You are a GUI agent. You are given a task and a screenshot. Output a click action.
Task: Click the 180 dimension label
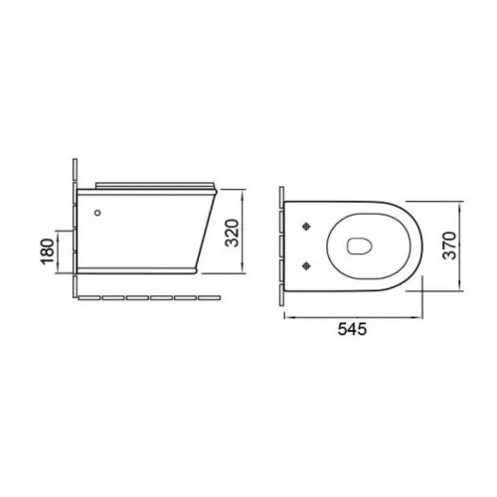click(x=48, y=251)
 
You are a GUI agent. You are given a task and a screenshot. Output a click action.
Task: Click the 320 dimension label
click(x=232, y=233)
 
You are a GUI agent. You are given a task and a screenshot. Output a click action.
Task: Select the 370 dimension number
click(x=449, y=246)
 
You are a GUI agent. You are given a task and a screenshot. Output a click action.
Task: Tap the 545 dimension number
click(x=352, y=329)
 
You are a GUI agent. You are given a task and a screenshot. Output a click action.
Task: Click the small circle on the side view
click(x=97, y=213)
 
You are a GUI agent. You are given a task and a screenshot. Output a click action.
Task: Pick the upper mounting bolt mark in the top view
click(x=307, y=227)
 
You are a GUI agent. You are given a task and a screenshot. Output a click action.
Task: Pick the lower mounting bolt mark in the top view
click(x=307, y=265)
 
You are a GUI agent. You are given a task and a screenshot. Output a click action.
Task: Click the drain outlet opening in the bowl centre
click(x=359, y=246)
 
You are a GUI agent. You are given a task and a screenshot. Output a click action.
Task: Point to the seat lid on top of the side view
click(x=155, y=186)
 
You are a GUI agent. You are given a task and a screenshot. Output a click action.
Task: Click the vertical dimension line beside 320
click(x=244, y=232)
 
